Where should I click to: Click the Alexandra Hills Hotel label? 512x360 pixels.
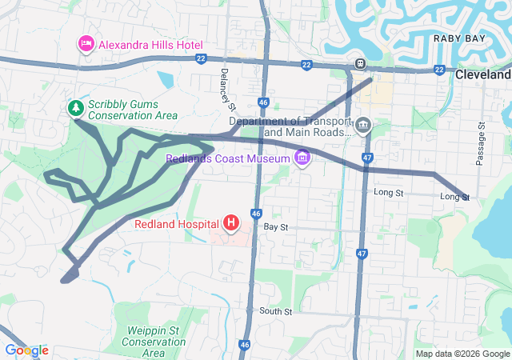150,45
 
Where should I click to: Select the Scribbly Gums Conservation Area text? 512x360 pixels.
133,110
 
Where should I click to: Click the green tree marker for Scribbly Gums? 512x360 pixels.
76,107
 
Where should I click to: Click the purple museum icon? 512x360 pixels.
302,158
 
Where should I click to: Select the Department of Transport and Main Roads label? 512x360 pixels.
290,126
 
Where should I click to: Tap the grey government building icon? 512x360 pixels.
362,125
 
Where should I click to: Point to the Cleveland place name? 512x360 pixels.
483,74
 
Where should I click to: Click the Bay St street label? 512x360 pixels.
275,228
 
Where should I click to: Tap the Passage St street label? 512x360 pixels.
481,144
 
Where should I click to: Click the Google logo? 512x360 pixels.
26,350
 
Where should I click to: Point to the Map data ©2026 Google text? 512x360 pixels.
462,354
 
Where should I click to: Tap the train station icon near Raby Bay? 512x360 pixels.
361,63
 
